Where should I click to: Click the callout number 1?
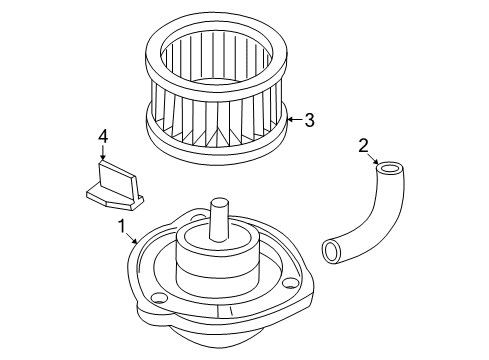click(123, 228)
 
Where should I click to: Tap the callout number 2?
click(362, 147)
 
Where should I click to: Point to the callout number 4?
click(102, 136)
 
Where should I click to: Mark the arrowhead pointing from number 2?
click(377, 164)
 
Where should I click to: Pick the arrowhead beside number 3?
click(289, 121)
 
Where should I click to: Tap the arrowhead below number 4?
click(102, 158)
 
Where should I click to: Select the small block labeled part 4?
click(111, 184)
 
